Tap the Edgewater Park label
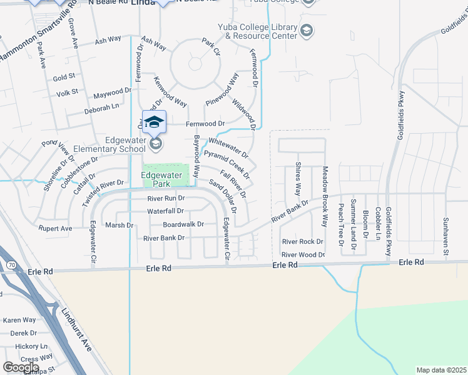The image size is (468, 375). pos(165,180)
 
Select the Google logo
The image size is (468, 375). pos(21,367)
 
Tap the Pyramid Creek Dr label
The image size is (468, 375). pos(227,164)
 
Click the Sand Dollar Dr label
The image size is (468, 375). pos(227,194)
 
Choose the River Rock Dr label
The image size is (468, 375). pos(302,241)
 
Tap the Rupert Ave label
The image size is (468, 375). pos(55,229)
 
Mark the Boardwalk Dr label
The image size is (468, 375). pos(183,224)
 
